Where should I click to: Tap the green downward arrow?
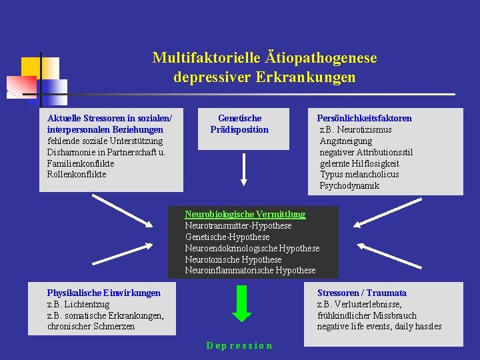(241, 303)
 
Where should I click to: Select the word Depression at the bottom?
(239, 345)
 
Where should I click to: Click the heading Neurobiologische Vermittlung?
(245, 214)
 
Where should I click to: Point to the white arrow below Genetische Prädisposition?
(244, 169)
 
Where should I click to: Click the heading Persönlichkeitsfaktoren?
(364, 118)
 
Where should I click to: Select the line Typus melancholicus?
(359, 174)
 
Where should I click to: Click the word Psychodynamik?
(349, 185)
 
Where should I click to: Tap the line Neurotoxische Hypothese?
(233, 259)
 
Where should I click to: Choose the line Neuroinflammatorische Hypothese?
(250, 270)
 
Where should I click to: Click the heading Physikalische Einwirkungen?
(103, 293)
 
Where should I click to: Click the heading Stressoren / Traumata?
(361, 293)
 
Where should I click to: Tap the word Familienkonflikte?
(81, 163)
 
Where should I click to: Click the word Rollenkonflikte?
(77, 174)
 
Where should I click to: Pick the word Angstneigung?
(346, 141)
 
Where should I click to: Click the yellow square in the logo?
(31, 67)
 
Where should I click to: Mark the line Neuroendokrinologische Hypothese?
(252, 248)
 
